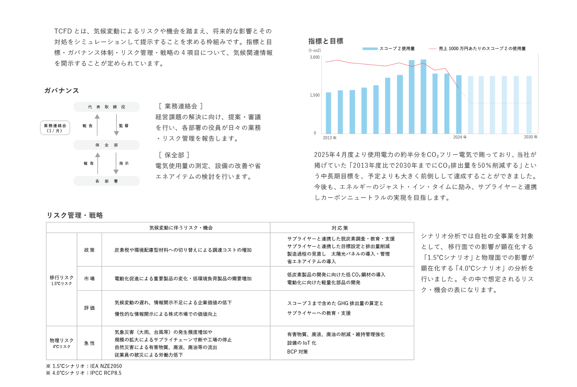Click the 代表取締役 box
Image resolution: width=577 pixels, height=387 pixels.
[106, 107]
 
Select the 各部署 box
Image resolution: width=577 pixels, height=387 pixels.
[106, 181]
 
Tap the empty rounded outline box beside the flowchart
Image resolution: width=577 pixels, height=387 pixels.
[55, 128]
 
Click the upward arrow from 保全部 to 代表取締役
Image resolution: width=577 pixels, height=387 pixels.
[97, 125]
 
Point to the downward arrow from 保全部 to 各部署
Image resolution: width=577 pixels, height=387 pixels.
[116, 163]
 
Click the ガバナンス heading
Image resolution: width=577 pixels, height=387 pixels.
[61, 91]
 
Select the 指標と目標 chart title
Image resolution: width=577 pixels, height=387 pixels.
[326, 41]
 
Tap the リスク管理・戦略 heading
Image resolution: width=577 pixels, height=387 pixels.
[75, 215]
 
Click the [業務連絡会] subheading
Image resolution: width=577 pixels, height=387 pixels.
[181, 106]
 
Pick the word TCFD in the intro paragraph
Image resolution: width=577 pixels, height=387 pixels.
[63, 31]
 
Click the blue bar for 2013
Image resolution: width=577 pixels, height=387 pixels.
[328, 113]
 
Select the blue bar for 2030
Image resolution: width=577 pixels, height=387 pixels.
[529, 104]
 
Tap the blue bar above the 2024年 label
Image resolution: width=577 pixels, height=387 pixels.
[459, 104]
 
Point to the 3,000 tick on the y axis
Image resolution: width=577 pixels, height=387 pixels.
[315, 57]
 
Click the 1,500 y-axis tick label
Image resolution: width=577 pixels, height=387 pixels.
[315, 95]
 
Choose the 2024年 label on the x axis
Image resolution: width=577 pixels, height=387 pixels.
[460, 137]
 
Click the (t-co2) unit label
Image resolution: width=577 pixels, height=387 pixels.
[315, 50]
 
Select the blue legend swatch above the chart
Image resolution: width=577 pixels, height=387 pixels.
[370, 49]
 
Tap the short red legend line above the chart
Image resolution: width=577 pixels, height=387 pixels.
[432, 49]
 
